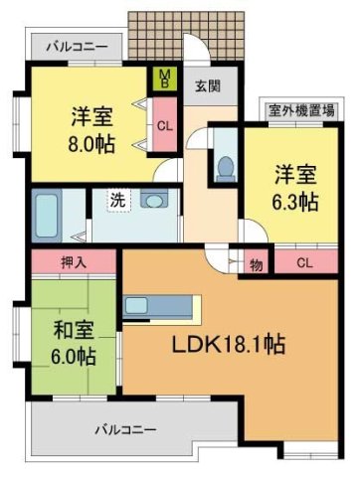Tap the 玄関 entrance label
(206, 85)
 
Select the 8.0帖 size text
(91, 144)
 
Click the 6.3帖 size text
(297, 202)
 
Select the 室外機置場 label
(298, 111)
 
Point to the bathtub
(48, 212)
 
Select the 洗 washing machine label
(117, 198)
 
